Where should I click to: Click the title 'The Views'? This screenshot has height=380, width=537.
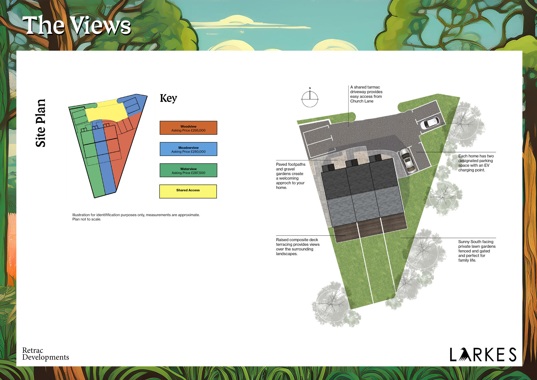[76, 25]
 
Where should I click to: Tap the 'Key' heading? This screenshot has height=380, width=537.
[168, 98]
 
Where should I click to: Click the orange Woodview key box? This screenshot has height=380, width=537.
[188, 128]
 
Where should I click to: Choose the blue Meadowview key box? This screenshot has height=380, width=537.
[188, 149]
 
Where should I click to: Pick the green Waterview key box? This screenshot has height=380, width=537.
[188, 170]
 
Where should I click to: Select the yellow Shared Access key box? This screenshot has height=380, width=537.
[188, 191]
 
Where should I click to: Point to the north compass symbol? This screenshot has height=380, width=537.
[310, 99]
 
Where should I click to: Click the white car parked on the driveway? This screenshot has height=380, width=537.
[430, 123]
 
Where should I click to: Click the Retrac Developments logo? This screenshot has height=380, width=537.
[45, 354]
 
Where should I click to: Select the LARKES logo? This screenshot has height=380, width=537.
[483, 355]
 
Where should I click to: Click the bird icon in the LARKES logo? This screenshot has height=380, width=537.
[464, 355]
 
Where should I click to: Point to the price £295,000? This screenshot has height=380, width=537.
[198, 130]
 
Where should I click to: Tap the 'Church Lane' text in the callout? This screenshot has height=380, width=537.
[362, 101]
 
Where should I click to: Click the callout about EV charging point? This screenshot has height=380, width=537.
[476, 163]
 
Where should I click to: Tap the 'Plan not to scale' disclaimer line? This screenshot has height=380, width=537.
[87, 219]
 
